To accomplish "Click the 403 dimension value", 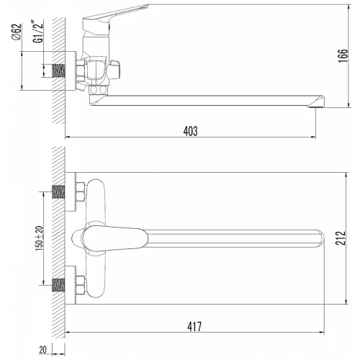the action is pyautogui.click(x=191, y=131).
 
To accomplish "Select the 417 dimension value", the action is pyautogui.click(x=194, y=326).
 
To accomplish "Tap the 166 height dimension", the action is pyautogui.click(x=343, y=56).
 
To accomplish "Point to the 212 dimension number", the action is pyautogui.click(x=341, y=238).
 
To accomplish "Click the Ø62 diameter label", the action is pyautogui.click(x=17, y=32).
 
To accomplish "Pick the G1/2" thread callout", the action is pyautogui.click(x=38, y=32).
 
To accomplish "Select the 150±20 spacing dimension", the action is pyautogui.click(x=40, y=238).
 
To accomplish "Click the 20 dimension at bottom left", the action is pyautogui.click(x=42, y=350).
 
